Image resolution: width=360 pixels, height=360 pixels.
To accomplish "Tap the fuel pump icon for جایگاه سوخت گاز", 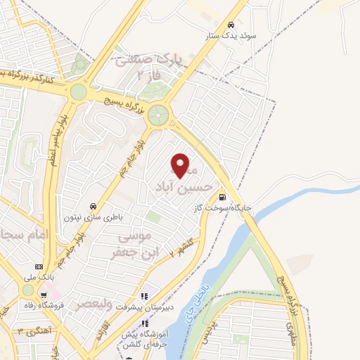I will [x=223, y=197].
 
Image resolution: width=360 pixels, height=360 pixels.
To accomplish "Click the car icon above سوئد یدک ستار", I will [x=231, y=23].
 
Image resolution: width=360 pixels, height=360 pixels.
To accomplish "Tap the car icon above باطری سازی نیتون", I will [x=92, y=207].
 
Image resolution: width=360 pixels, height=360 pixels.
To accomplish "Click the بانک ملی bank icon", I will [x=39, y=267].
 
